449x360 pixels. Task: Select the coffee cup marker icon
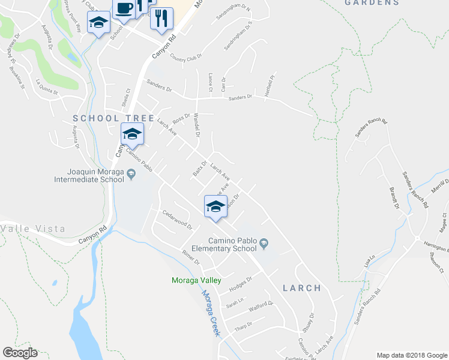(x=124, y=9)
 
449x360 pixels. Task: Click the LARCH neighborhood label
(x=301, y=288)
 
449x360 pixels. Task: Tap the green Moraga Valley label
(x=196, y=281)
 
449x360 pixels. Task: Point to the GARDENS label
(x=372, y=3)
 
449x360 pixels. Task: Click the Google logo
(x=20, y=353)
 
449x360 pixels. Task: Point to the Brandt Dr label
(x=394, y=197)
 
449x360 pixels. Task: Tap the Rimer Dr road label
(x=190, y=257)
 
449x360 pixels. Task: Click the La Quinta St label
(x=47, y=88)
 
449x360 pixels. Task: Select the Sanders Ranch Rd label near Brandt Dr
(x=414, y=188)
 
